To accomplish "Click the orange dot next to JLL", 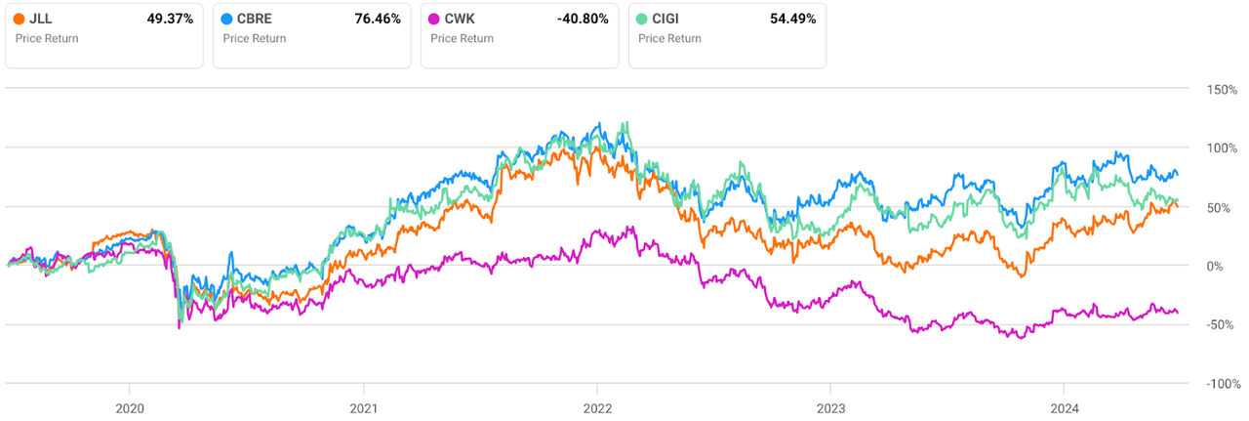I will (20, 19).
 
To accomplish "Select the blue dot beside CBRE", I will (228, 19).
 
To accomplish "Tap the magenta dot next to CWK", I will (435, 19).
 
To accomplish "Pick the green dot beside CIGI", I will (643, 19).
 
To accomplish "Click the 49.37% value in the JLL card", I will (170, 19).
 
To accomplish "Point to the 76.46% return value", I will (378, 19).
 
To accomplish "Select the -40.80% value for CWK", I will (583, 19).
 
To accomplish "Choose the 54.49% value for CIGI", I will (792, 19).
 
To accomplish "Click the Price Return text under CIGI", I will (670, 39).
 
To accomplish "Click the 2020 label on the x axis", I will (130, 408).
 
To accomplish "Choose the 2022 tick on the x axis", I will (597, 408).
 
